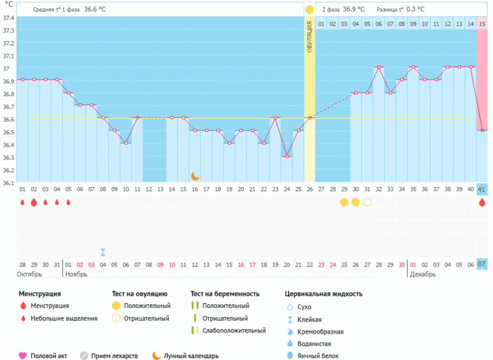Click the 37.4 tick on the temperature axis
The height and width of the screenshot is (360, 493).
point(8,17)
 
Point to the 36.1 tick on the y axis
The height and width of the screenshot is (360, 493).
point(8,183)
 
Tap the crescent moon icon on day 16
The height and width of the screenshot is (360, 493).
point(195,176)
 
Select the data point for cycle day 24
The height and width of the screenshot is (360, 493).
point(286,156)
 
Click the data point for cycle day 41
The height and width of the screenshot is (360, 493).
point(482,131)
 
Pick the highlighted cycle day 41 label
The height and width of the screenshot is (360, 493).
point(482,189)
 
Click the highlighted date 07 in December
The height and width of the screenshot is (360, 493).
point(482,265)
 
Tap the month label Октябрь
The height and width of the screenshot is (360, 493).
point(30,274)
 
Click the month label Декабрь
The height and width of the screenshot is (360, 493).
point(423,274)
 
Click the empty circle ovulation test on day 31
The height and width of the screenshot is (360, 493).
point(367,202)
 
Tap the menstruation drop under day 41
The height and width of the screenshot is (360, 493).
point(482,202)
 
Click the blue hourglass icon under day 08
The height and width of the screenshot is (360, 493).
point(102,252)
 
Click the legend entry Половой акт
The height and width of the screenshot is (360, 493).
point(49,356)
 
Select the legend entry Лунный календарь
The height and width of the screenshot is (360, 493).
point(191,356)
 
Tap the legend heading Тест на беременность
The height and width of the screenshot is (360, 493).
point(225,293)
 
